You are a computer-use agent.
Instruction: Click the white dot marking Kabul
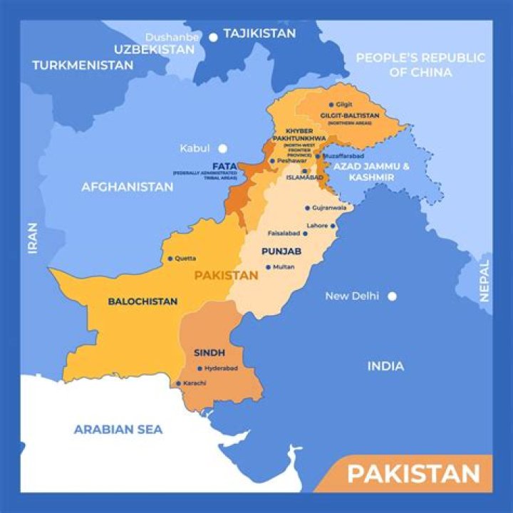pyautogui.click(x=222, y=148)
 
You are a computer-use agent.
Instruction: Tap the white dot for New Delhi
pyautogui.click(x=391, y=296)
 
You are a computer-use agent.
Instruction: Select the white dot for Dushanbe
pyautogui.click(x=213, y=37)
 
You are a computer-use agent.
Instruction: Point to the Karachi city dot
pyautogui.click(x=178, y=383)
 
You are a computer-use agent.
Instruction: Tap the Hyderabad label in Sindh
pyautogui.click(x=221, y=368)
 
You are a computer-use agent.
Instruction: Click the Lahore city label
pyautogui.click(x=317, y=226)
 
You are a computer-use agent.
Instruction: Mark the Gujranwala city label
pyautogui.click(x=330, y=208)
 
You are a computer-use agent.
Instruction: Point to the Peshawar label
pyautogui.click(x=292, y=161)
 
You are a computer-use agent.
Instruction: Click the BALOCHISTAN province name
pyautogui.click(x=142, y=301)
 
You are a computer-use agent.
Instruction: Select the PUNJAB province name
pyautogui.click(x=281, y=252)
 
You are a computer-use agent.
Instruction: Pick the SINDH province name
pyautogui.click(x=209, y=353)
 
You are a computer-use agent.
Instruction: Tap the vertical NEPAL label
pyautogui.click(x=484, y=281)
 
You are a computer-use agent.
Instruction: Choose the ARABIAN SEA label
pyautogui.click(x=118, y=429)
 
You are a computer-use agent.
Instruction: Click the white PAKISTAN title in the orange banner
pyautogui.click(x=413, y=474)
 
